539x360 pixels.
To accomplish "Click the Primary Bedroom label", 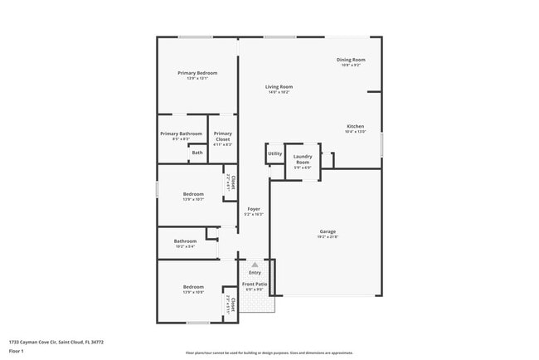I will (197, 73).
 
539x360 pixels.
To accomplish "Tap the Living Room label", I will (279, 86).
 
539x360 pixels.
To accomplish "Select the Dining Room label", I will (351, 60).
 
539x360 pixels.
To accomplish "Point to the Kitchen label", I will (355, 126).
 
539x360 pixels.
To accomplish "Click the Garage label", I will (328, 231).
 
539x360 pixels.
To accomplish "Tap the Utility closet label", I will (274, 153).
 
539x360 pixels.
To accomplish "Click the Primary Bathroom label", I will (181, 134).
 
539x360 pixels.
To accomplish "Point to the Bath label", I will (197, 153).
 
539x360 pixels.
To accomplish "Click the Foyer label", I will (253, 209).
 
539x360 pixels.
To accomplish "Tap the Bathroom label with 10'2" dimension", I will (185, 241).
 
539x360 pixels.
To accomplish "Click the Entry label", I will (255, 272).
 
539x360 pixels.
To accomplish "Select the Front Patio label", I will (255, 285).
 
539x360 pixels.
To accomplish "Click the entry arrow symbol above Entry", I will (255, 265).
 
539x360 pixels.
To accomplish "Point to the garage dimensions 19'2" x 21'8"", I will (328, 236).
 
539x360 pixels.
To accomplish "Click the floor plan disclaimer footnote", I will (269, 353).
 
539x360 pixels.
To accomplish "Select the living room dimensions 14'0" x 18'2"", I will (279, 92).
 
